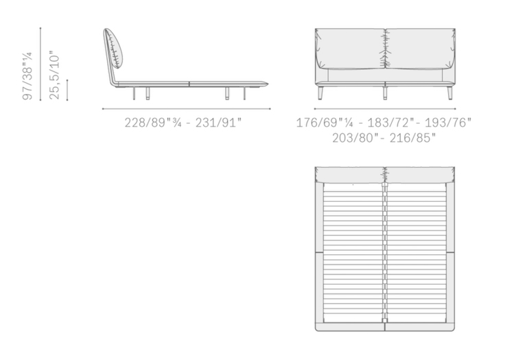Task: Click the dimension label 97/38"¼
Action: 27,76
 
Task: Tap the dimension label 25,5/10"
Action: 54,75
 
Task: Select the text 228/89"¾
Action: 153,123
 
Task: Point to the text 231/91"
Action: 218,123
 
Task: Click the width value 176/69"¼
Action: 325,123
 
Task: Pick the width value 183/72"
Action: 390,123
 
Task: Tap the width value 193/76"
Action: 448,123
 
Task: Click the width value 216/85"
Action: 412,138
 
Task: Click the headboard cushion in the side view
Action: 114,49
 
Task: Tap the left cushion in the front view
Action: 350,49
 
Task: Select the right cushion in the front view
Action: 420,49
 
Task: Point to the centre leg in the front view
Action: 385,93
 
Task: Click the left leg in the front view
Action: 320,93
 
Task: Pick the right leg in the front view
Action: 450,93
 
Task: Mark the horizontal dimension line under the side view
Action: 187,109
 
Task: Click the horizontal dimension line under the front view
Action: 385,109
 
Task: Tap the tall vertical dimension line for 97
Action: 40,64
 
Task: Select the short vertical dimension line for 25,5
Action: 67,91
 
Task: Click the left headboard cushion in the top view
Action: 350,176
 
